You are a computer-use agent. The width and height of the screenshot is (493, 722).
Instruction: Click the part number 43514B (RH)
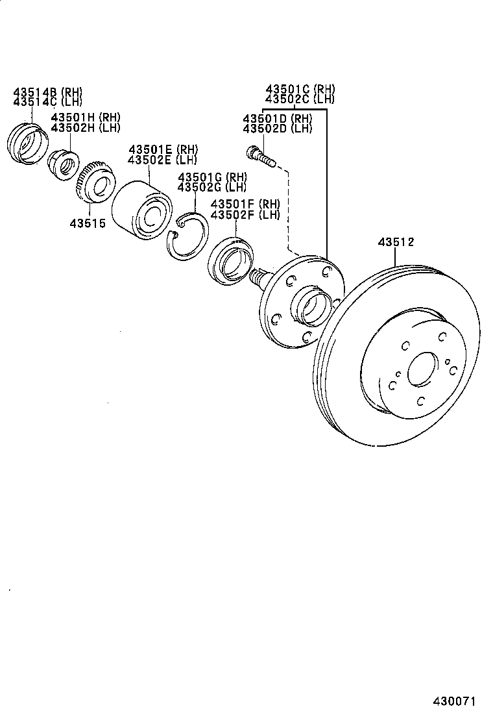tap(48, 92)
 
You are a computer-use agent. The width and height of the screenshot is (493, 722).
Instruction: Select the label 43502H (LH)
tap(86, 127)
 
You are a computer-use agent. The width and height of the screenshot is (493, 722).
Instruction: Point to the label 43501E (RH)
tap(162, 150)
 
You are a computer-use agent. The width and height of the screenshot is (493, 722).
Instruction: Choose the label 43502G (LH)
tap(212, 187)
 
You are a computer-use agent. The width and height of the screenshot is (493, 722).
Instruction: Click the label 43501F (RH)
tap(244, 205)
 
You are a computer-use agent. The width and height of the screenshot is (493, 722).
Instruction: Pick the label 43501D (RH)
tap(277, 119)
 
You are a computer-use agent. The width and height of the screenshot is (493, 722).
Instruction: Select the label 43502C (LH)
tap(300, 99)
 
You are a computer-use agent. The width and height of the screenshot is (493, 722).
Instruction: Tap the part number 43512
tap(396, 242)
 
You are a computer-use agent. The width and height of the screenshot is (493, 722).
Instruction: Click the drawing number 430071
tap(455, 701)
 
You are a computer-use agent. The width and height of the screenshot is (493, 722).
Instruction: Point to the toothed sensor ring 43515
tap(93, 184)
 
